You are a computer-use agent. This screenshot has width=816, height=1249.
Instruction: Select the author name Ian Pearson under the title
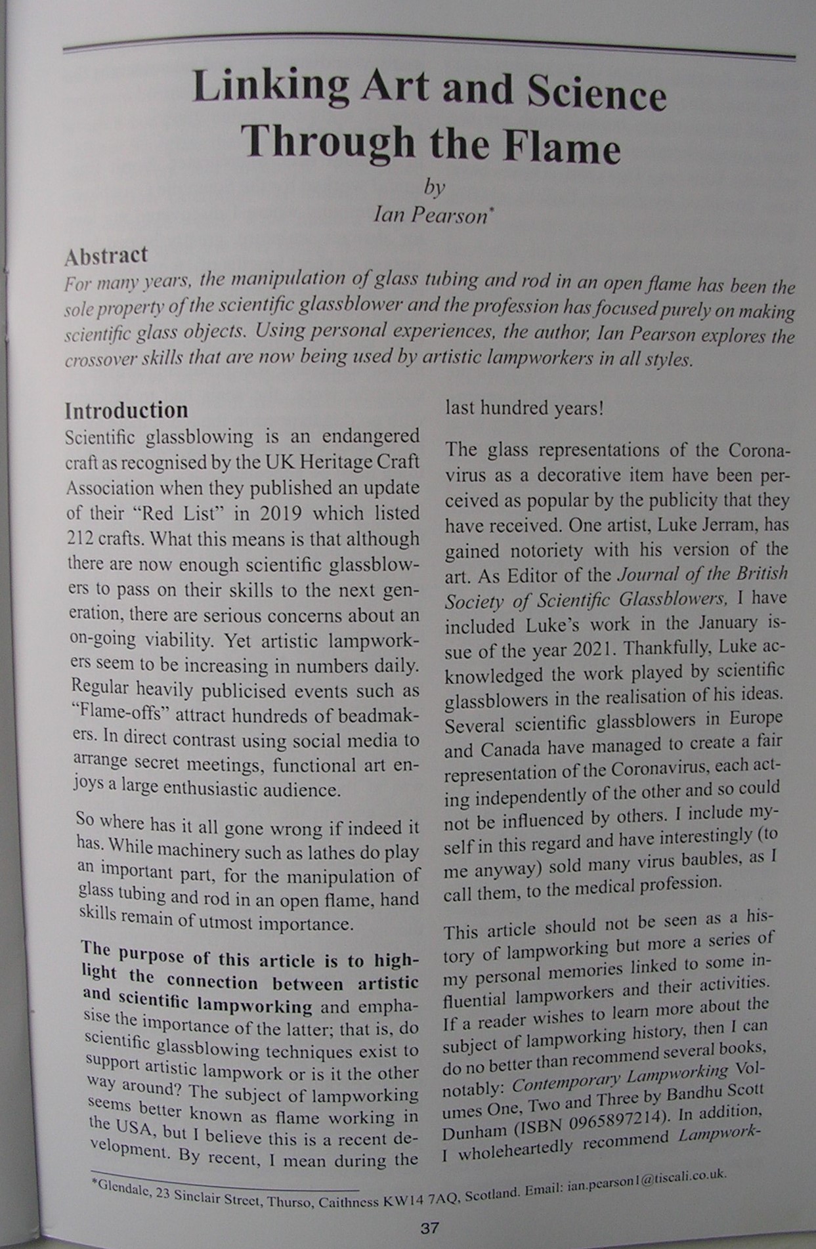point(430,215)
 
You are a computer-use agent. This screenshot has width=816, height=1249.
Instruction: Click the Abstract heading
point(106,256)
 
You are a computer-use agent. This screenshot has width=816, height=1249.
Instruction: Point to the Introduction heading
point(126,410)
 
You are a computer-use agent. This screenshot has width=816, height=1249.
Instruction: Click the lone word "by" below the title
point(433,188)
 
